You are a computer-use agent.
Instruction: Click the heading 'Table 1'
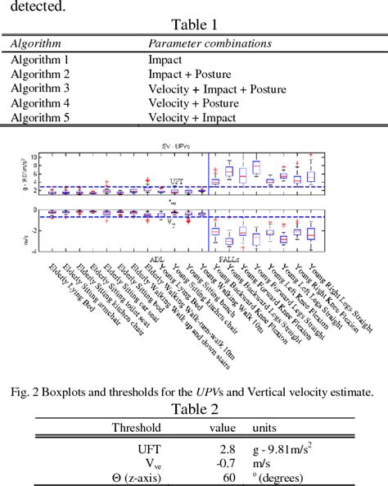pyautogui.click(x=193, y=25)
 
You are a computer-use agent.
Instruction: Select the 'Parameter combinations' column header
pyautogui.click(x=209, y=43)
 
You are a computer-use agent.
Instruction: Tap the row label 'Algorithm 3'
pyautogui.click(x=40, y=89)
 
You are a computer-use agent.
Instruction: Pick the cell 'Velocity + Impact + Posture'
pyautogui.click(x=217, y=89)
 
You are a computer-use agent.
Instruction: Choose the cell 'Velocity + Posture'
pyautogui.click(x=193, y=103)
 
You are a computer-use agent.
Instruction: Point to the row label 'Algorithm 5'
pyautogui.click(x=40, y=118)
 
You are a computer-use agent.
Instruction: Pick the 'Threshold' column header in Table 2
pyautogui.click(x=136, y=428)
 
